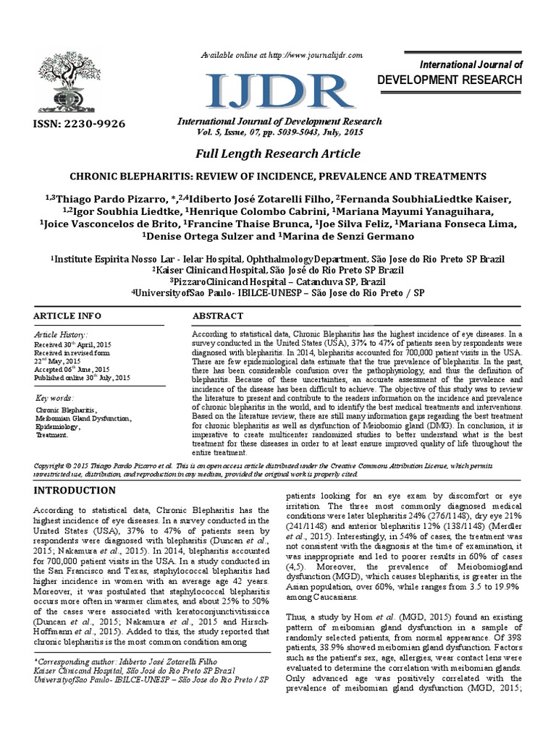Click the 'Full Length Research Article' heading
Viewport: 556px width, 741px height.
click(277, 154)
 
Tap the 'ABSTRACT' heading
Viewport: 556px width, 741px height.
click(216, 316)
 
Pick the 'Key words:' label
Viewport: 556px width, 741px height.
click(54, 398)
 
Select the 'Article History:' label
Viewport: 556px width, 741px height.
click(62, 336)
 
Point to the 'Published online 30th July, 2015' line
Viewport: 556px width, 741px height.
click(83, 377)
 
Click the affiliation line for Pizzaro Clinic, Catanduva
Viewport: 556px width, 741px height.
click(277, 281)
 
